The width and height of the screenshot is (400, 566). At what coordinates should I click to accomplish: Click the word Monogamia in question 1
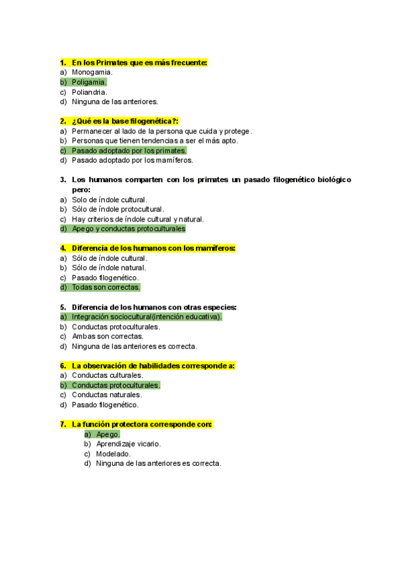point(92,72)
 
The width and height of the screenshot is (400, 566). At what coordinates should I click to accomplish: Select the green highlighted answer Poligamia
point(89,82)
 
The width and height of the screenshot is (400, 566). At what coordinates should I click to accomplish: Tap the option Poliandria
point(89,92)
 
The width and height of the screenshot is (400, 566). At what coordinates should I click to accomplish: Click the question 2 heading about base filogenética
point(125,121)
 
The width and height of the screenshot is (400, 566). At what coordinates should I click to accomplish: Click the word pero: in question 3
point(81,190)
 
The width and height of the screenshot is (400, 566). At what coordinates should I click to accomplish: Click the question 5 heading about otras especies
point(154,308)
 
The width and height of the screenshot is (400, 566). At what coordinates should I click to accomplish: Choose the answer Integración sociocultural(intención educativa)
point(147,317)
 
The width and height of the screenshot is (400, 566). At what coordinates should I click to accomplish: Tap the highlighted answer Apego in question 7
point(107,435)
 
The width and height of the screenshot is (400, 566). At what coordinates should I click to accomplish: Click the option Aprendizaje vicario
point(128,444)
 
